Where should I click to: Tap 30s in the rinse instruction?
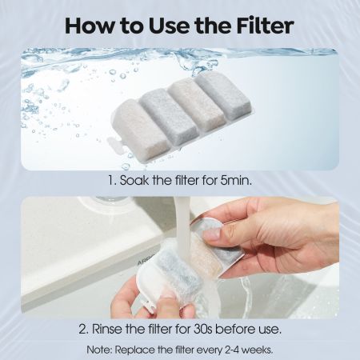click(202, 330)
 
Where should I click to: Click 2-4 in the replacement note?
click(237, 350)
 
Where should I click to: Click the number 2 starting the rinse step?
click(82, 330)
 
